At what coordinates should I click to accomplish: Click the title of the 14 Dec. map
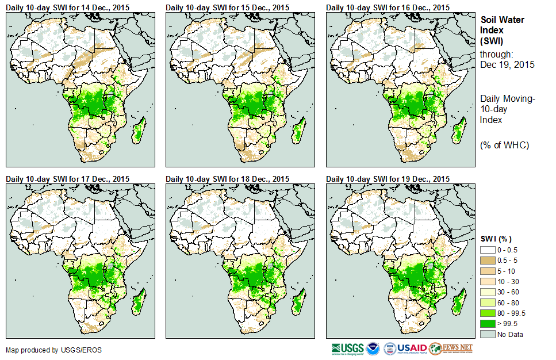coord(67,7)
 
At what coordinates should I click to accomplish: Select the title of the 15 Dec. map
coord(227,7)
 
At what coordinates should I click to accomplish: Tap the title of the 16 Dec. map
coord(388,7)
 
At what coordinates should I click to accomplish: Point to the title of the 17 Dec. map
coord(67,179)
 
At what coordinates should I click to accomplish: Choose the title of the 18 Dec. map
coord(227,179)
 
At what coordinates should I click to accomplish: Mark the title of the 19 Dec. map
coord(388,179)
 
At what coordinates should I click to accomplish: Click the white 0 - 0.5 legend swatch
coord(488,250)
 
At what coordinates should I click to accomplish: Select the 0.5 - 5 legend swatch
coord(488,260)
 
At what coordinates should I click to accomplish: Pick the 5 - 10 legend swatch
coord(488,271)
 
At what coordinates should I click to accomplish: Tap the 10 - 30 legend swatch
coord(488,281)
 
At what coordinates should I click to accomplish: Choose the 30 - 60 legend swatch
coord(488,292)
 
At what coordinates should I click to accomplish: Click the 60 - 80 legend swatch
coord(488,302)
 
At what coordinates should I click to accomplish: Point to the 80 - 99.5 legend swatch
coord(488,313)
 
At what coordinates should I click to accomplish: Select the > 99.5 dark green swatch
coord(488,323)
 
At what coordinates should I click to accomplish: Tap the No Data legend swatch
coord(488,334)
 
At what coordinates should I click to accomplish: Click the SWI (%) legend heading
coord(496,239)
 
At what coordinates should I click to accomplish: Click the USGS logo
coord(348,348)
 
